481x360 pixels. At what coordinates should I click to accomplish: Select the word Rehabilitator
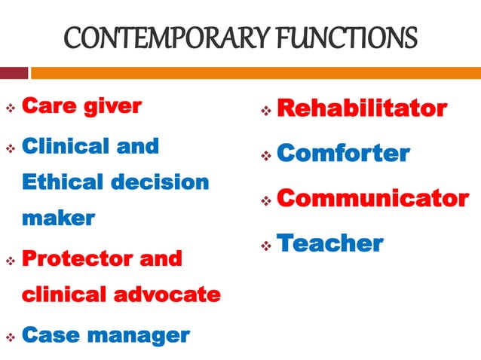[x=362, y=109]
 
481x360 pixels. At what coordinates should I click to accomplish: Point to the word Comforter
[x=343, y=154]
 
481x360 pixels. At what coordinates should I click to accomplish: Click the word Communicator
[x=372, y=199]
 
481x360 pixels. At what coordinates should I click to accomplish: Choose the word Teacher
[x=330, y=243]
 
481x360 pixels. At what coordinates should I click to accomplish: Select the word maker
[x=59, y=218]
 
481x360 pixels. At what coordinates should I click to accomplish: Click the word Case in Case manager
[x=53, y=334]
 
